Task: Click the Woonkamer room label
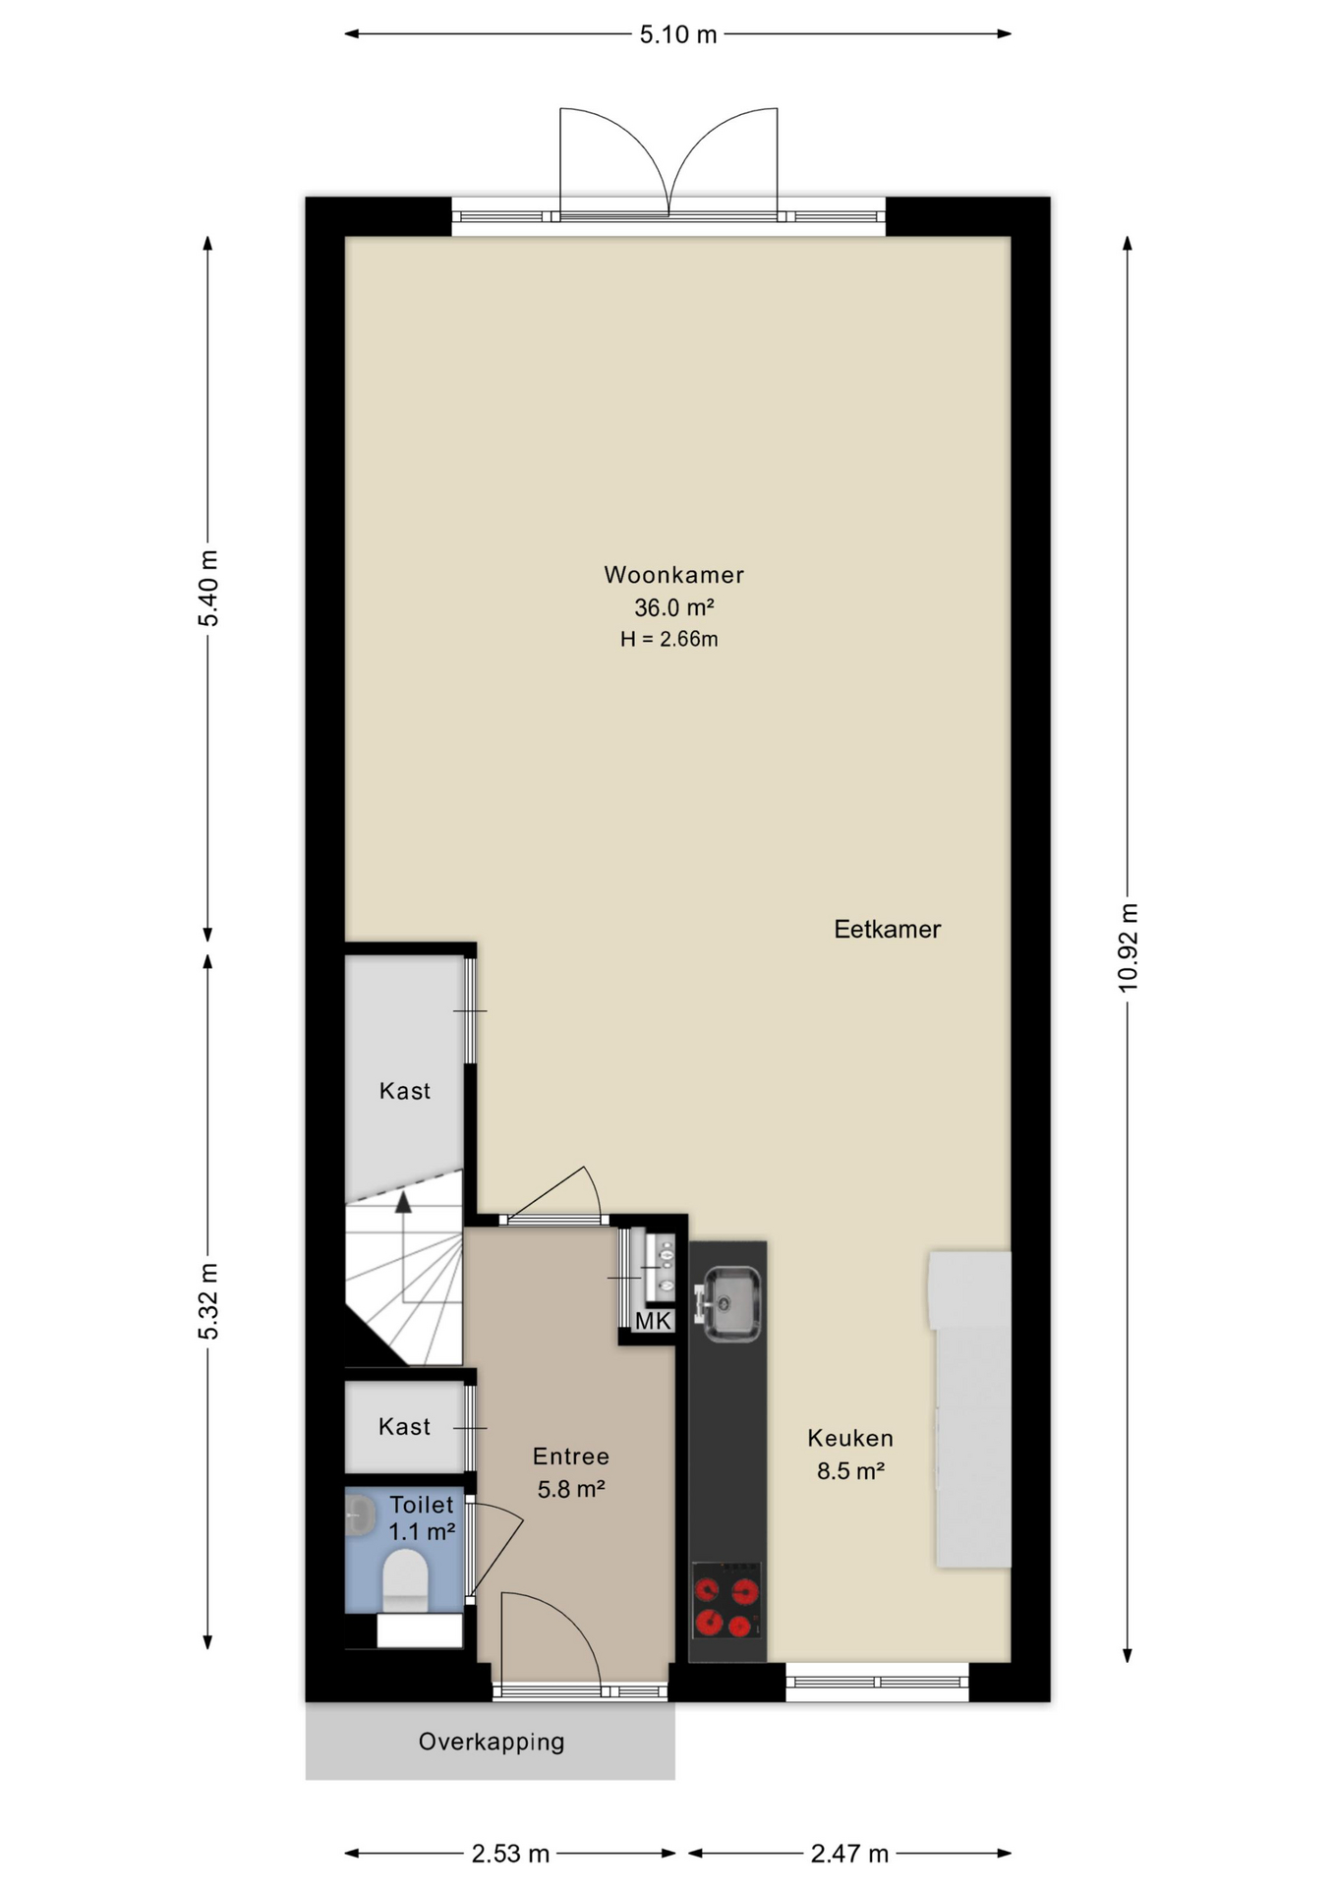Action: [x=673, y=575]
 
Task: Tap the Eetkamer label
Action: [x=887, y=929]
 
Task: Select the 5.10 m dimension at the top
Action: [x=678, y=35]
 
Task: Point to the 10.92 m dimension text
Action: [x=1128, y=947]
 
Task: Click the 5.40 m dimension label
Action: [x=208, y=588]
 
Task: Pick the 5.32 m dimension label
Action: [x=208, y=1301]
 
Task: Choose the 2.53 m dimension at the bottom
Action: [x=510, y=1854]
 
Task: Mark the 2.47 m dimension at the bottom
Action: [x=849, y=1854]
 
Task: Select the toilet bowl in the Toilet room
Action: [x=404, y=1577]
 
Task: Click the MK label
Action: [x=653, y=1321]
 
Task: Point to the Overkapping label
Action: [x=492, y=1743]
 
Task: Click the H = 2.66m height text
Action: [x=669, y=639]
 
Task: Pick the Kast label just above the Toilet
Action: [x=404, y=1426]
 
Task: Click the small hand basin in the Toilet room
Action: [x=359, y=1515]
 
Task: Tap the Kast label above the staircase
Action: [x=405, y=1091]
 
